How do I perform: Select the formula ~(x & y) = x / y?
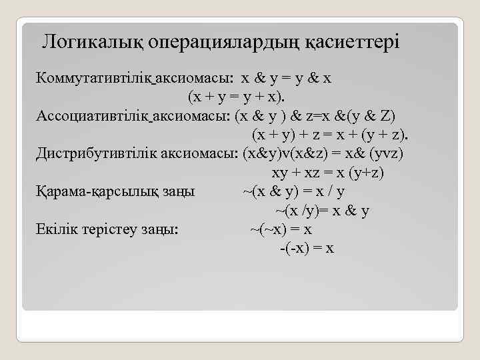click(293, 191)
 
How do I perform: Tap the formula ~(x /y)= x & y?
click(323, 211)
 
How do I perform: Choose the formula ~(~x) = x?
click(281, 229)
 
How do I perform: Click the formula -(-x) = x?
click(306, 249)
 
